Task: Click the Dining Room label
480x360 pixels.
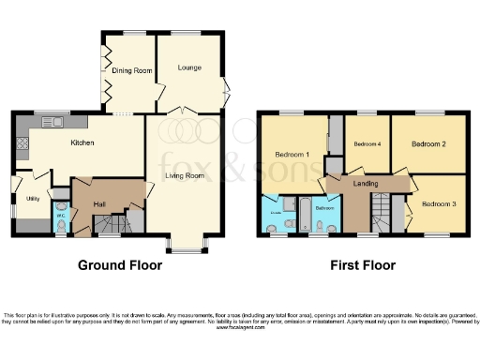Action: (131, 70)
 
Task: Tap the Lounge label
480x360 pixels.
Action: (190, 67)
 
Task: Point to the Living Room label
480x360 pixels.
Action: (186, 175)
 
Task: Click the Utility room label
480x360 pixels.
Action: (32, 199)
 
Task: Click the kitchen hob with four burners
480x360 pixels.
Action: (22, 146)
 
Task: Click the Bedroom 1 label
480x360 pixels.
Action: (292, 154)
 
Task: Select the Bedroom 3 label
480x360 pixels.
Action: (436, 203)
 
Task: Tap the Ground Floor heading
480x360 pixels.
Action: (119, 265)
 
